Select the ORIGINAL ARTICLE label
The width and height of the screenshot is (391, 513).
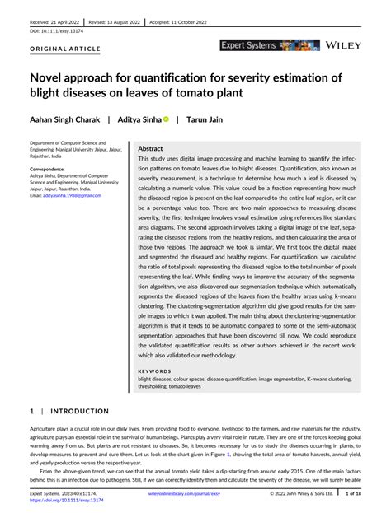65,49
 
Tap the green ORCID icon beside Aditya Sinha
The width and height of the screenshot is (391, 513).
165,119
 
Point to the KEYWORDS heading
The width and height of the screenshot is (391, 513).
154,372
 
